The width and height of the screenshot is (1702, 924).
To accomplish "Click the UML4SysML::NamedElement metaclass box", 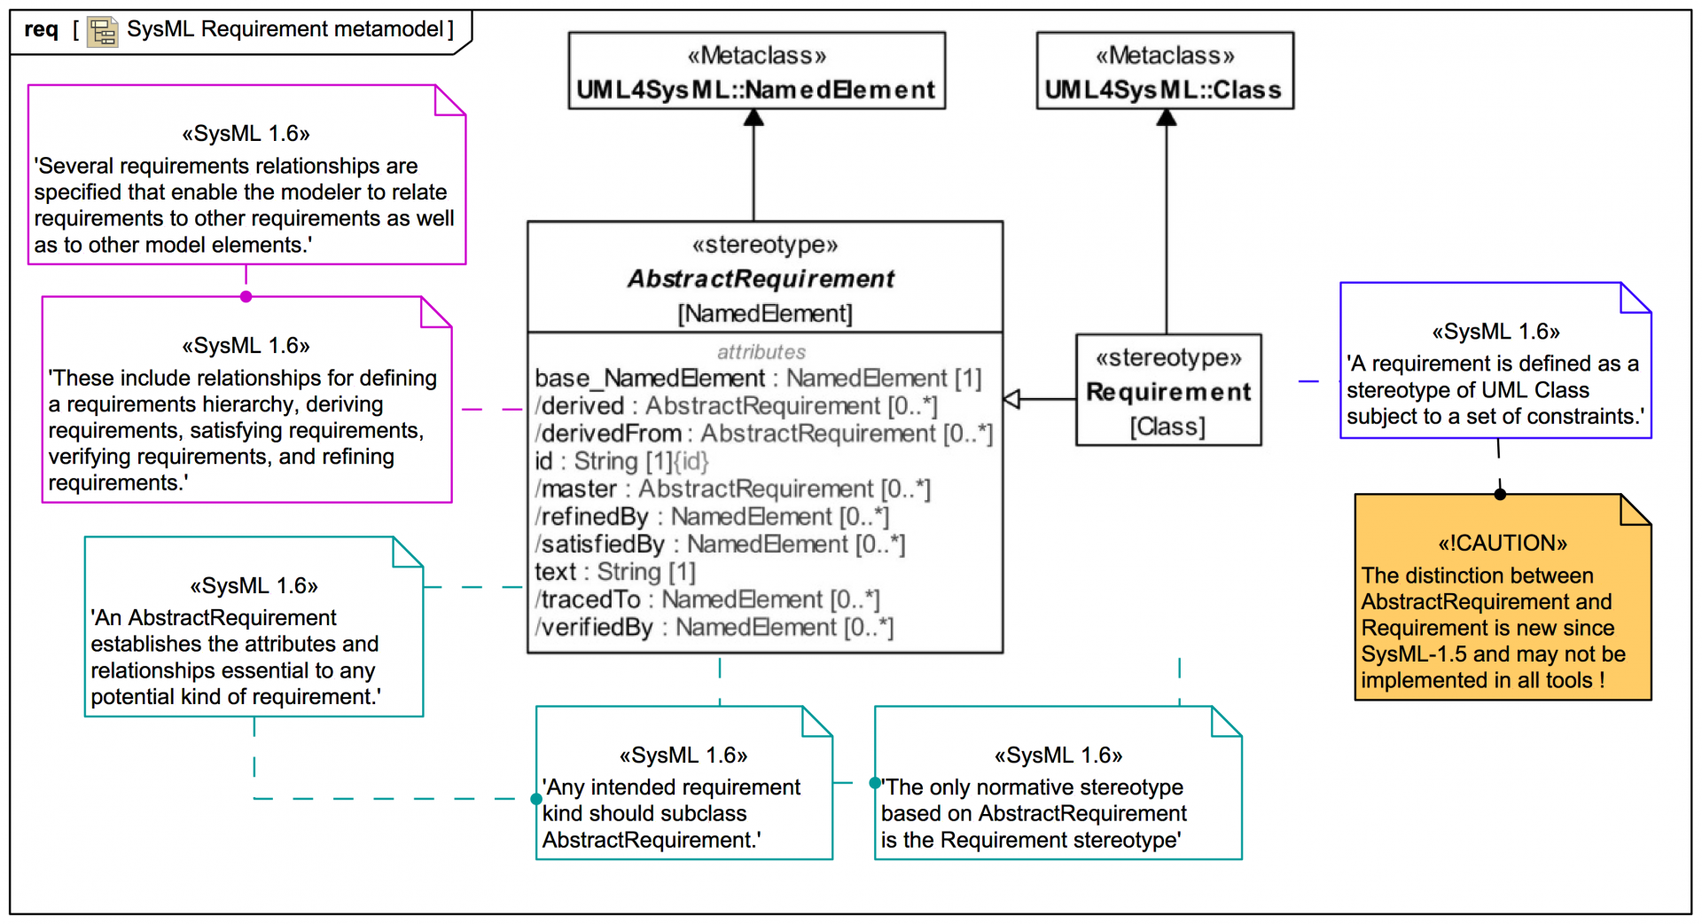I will (756, 72).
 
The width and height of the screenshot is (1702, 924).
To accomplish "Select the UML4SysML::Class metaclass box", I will (1164, 72).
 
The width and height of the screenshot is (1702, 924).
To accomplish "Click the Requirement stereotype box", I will (1168, 391).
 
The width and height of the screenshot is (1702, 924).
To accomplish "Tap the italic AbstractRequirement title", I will (761, 279).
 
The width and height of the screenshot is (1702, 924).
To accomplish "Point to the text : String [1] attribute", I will (615, 572).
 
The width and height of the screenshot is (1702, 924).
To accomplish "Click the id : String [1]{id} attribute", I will (621, 461).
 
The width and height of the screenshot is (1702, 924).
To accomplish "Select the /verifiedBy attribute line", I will (714, 628).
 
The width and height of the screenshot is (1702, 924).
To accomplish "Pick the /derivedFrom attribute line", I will (763, 434).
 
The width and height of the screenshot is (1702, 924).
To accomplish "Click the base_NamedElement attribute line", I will (758, 379).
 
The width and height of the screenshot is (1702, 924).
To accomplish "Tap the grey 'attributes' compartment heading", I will (761, 352).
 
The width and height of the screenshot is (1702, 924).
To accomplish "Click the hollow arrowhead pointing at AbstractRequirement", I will (1012, 399).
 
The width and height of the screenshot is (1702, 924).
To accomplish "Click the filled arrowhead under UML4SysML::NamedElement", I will (753, 117).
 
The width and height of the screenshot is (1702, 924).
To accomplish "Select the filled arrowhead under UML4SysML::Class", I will (1167, 117).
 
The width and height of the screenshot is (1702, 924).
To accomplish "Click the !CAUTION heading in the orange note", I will (1503, 543).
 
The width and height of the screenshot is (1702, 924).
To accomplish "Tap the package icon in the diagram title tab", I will (103, 32).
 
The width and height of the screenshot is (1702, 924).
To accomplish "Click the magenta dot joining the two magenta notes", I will (246, 297).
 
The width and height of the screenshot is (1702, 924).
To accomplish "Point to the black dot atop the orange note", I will (1500, 494).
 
